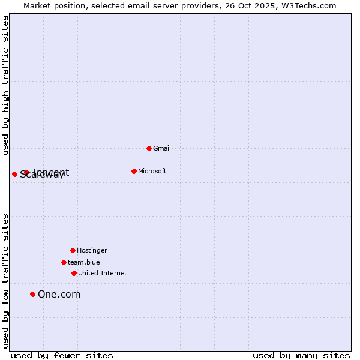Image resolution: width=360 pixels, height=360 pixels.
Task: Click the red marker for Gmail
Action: tap(149, 148)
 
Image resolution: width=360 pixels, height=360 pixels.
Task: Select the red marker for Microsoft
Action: tap(134, 171)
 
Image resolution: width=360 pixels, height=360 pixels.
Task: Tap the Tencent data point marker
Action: tap(26, 173)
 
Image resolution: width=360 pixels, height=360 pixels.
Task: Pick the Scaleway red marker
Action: tap(14, 174)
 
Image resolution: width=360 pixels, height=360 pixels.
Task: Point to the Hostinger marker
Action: tap(73, 250)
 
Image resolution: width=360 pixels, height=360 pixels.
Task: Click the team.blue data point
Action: tap(64, 262)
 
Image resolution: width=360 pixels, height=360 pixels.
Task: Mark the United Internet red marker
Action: tap(74, 273)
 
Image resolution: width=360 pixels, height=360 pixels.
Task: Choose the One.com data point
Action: tap(32, 294)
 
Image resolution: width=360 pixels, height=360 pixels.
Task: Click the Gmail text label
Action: tap(162, 148)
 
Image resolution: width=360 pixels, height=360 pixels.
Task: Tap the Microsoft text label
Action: tap(152, 171)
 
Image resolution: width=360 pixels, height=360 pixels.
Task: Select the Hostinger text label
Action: tap(92, 250)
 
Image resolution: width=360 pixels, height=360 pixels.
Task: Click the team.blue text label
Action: tap(84, 262)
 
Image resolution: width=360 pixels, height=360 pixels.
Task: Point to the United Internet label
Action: tap(103, 273)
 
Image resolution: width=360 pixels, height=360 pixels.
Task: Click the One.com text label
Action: tap(59, 294)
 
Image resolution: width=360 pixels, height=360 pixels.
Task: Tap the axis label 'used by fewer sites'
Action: tap(62, 355)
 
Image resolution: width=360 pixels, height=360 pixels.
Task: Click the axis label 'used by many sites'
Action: tap(301, 355)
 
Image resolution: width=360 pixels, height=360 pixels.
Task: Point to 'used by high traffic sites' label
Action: tap(5, 86)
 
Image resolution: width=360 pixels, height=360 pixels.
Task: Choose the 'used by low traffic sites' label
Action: tap(5, 281)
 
